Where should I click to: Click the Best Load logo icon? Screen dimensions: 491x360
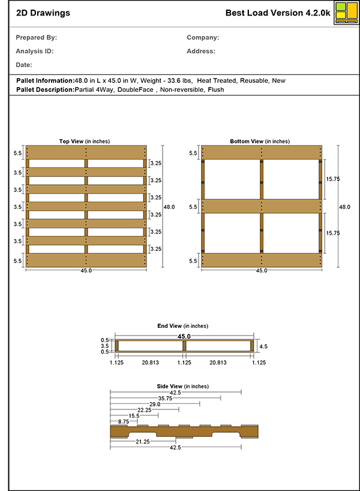344,13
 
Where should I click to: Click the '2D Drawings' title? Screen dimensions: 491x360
43,13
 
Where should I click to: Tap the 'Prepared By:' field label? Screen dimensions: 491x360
37,37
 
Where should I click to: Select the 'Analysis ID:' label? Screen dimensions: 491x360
35,51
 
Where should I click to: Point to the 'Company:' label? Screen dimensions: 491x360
203,37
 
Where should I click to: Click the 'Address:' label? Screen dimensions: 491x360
201,51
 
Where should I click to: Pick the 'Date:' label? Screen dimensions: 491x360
25,65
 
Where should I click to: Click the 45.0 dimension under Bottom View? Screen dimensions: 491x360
262,271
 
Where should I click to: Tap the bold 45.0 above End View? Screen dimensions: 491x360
184,337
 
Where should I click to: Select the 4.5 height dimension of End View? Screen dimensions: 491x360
263,346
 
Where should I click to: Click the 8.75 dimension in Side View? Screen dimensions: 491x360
124,421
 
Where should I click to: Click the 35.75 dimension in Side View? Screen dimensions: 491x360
166,398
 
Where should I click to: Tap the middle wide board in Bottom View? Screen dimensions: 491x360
262,206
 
